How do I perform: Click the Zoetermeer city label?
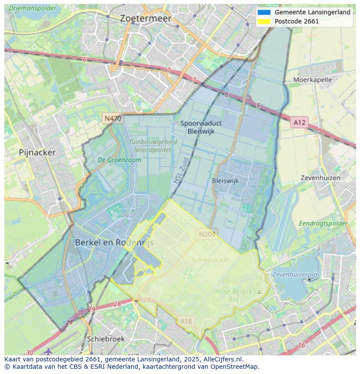pos(146,19)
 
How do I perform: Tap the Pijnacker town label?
pos(37,152)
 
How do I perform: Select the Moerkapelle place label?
pos(312,79)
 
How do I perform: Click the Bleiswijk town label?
pos(225,181)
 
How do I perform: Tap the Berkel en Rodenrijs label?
pos(114,243)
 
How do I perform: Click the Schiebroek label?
pos(106,339)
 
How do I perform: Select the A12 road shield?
pos(299,122)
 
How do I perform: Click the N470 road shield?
pos(113,118)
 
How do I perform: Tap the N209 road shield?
pos(207,234)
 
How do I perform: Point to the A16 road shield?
pos(186,321)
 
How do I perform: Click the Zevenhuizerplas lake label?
pos(296,275)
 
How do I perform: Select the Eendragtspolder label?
pos(323,223)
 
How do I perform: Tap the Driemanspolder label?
pos(33,8)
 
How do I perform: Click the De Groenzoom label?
pos(120,160)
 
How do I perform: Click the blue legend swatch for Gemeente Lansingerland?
pos(263,13)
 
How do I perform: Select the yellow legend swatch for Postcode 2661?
pos(263,21)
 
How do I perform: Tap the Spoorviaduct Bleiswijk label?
pos(200,127)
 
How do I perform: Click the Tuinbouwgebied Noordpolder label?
pos(153,146)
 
